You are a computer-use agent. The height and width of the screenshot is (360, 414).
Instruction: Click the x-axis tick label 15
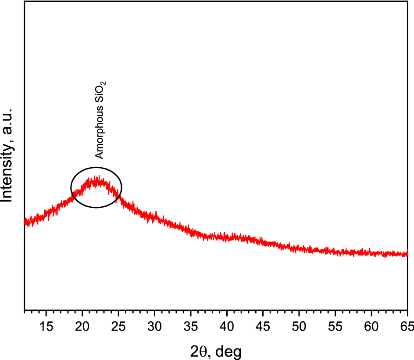coord(46,326)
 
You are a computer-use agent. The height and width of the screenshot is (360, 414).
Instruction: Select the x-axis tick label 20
coord(82,326)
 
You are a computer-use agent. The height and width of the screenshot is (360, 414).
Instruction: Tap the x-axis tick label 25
coord(118,326)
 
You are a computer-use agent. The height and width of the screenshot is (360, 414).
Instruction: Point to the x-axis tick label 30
coord(154,326)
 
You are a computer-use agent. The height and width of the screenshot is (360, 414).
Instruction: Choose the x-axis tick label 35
coord(191,326)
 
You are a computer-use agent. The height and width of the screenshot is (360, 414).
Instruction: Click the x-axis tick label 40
coord(227,326)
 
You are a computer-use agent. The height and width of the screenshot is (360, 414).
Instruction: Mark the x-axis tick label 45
coord(263,326)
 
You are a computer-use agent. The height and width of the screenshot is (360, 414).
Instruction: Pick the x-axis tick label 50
coord(299,326)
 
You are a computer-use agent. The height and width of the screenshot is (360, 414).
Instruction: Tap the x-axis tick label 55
coord(335,326)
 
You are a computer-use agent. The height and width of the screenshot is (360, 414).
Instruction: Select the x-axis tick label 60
coord(371,326)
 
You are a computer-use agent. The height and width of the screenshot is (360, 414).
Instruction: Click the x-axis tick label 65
coord(406,326)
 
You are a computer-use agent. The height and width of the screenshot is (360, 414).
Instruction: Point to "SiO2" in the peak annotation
coord(100,93)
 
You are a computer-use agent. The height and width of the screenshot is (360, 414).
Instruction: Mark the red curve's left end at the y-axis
coord(25,222)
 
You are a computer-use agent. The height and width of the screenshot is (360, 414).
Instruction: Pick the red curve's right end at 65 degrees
coord(407,254)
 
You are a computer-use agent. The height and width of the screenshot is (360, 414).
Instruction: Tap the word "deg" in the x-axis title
coord(228,351)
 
